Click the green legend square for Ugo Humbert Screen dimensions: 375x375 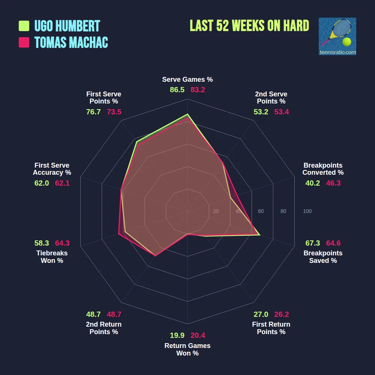coord(24,26)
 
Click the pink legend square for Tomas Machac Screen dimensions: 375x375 coord(24,42)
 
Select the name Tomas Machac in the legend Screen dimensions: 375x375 coord(71,42)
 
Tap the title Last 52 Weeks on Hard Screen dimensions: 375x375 coord(249,26)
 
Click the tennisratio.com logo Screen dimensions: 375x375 coord(337,36)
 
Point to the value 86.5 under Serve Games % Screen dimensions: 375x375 coord(177,90)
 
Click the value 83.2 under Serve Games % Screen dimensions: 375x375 coord(198,90)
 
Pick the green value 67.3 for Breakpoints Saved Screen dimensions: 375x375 coord(312,243)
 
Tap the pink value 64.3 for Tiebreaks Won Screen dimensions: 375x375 coord(62,243)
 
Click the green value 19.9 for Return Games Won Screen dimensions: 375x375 coord(177,335)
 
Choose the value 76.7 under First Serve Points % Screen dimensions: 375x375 coord(93,112)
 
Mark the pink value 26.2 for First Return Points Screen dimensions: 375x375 coord(281,314)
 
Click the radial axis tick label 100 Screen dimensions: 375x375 coord(307,211)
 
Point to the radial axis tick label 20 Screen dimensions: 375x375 coord(216,211)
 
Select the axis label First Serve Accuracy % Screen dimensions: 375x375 coord(52,169)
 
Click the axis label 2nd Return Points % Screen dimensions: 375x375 coord(104,328)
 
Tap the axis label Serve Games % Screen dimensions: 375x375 coord(187,79)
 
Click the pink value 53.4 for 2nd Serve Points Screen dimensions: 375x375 coord(282,112)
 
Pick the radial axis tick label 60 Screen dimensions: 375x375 coord(261,211)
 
